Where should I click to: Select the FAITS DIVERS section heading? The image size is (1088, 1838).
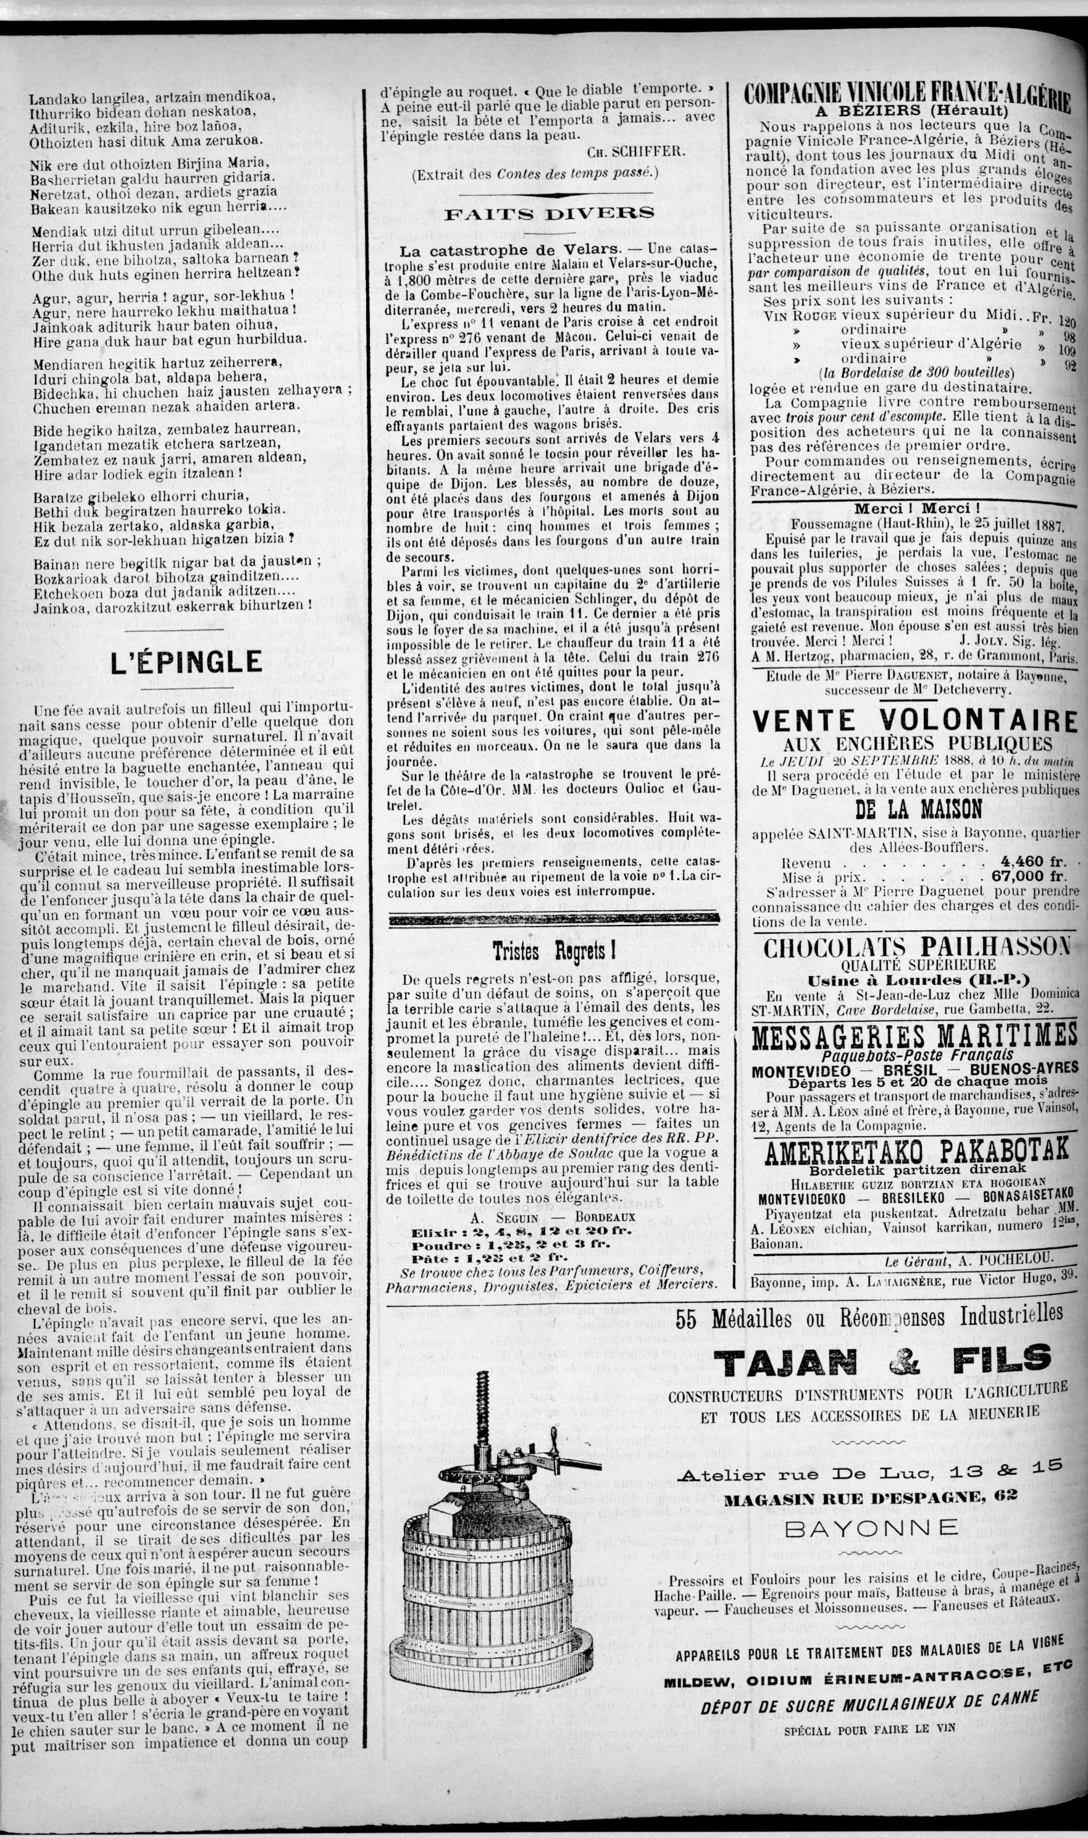click(548, 213)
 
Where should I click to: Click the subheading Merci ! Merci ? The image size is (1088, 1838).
click(916, 509)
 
